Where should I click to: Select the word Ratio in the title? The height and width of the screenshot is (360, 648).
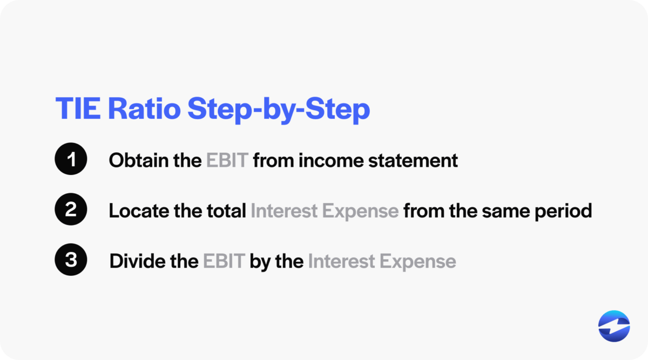144,110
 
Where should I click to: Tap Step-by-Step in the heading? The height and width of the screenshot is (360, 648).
279,110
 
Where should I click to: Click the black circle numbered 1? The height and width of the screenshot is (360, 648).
71,160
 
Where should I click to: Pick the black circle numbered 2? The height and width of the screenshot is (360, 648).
71,210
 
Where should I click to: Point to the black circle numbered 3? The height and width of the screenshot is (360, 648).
71,261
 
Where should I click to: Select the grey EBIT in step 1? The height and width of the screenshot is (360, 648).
227,160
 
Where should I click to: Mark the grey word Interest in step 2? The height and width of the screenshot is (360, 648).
284,210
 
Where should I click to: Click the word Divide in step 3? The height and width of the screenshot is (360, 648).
132,261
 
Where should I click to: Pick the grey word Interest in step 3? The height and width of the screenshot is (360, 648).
341,261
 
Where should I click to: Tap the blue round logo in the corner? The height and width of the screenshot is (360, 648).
614,327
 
